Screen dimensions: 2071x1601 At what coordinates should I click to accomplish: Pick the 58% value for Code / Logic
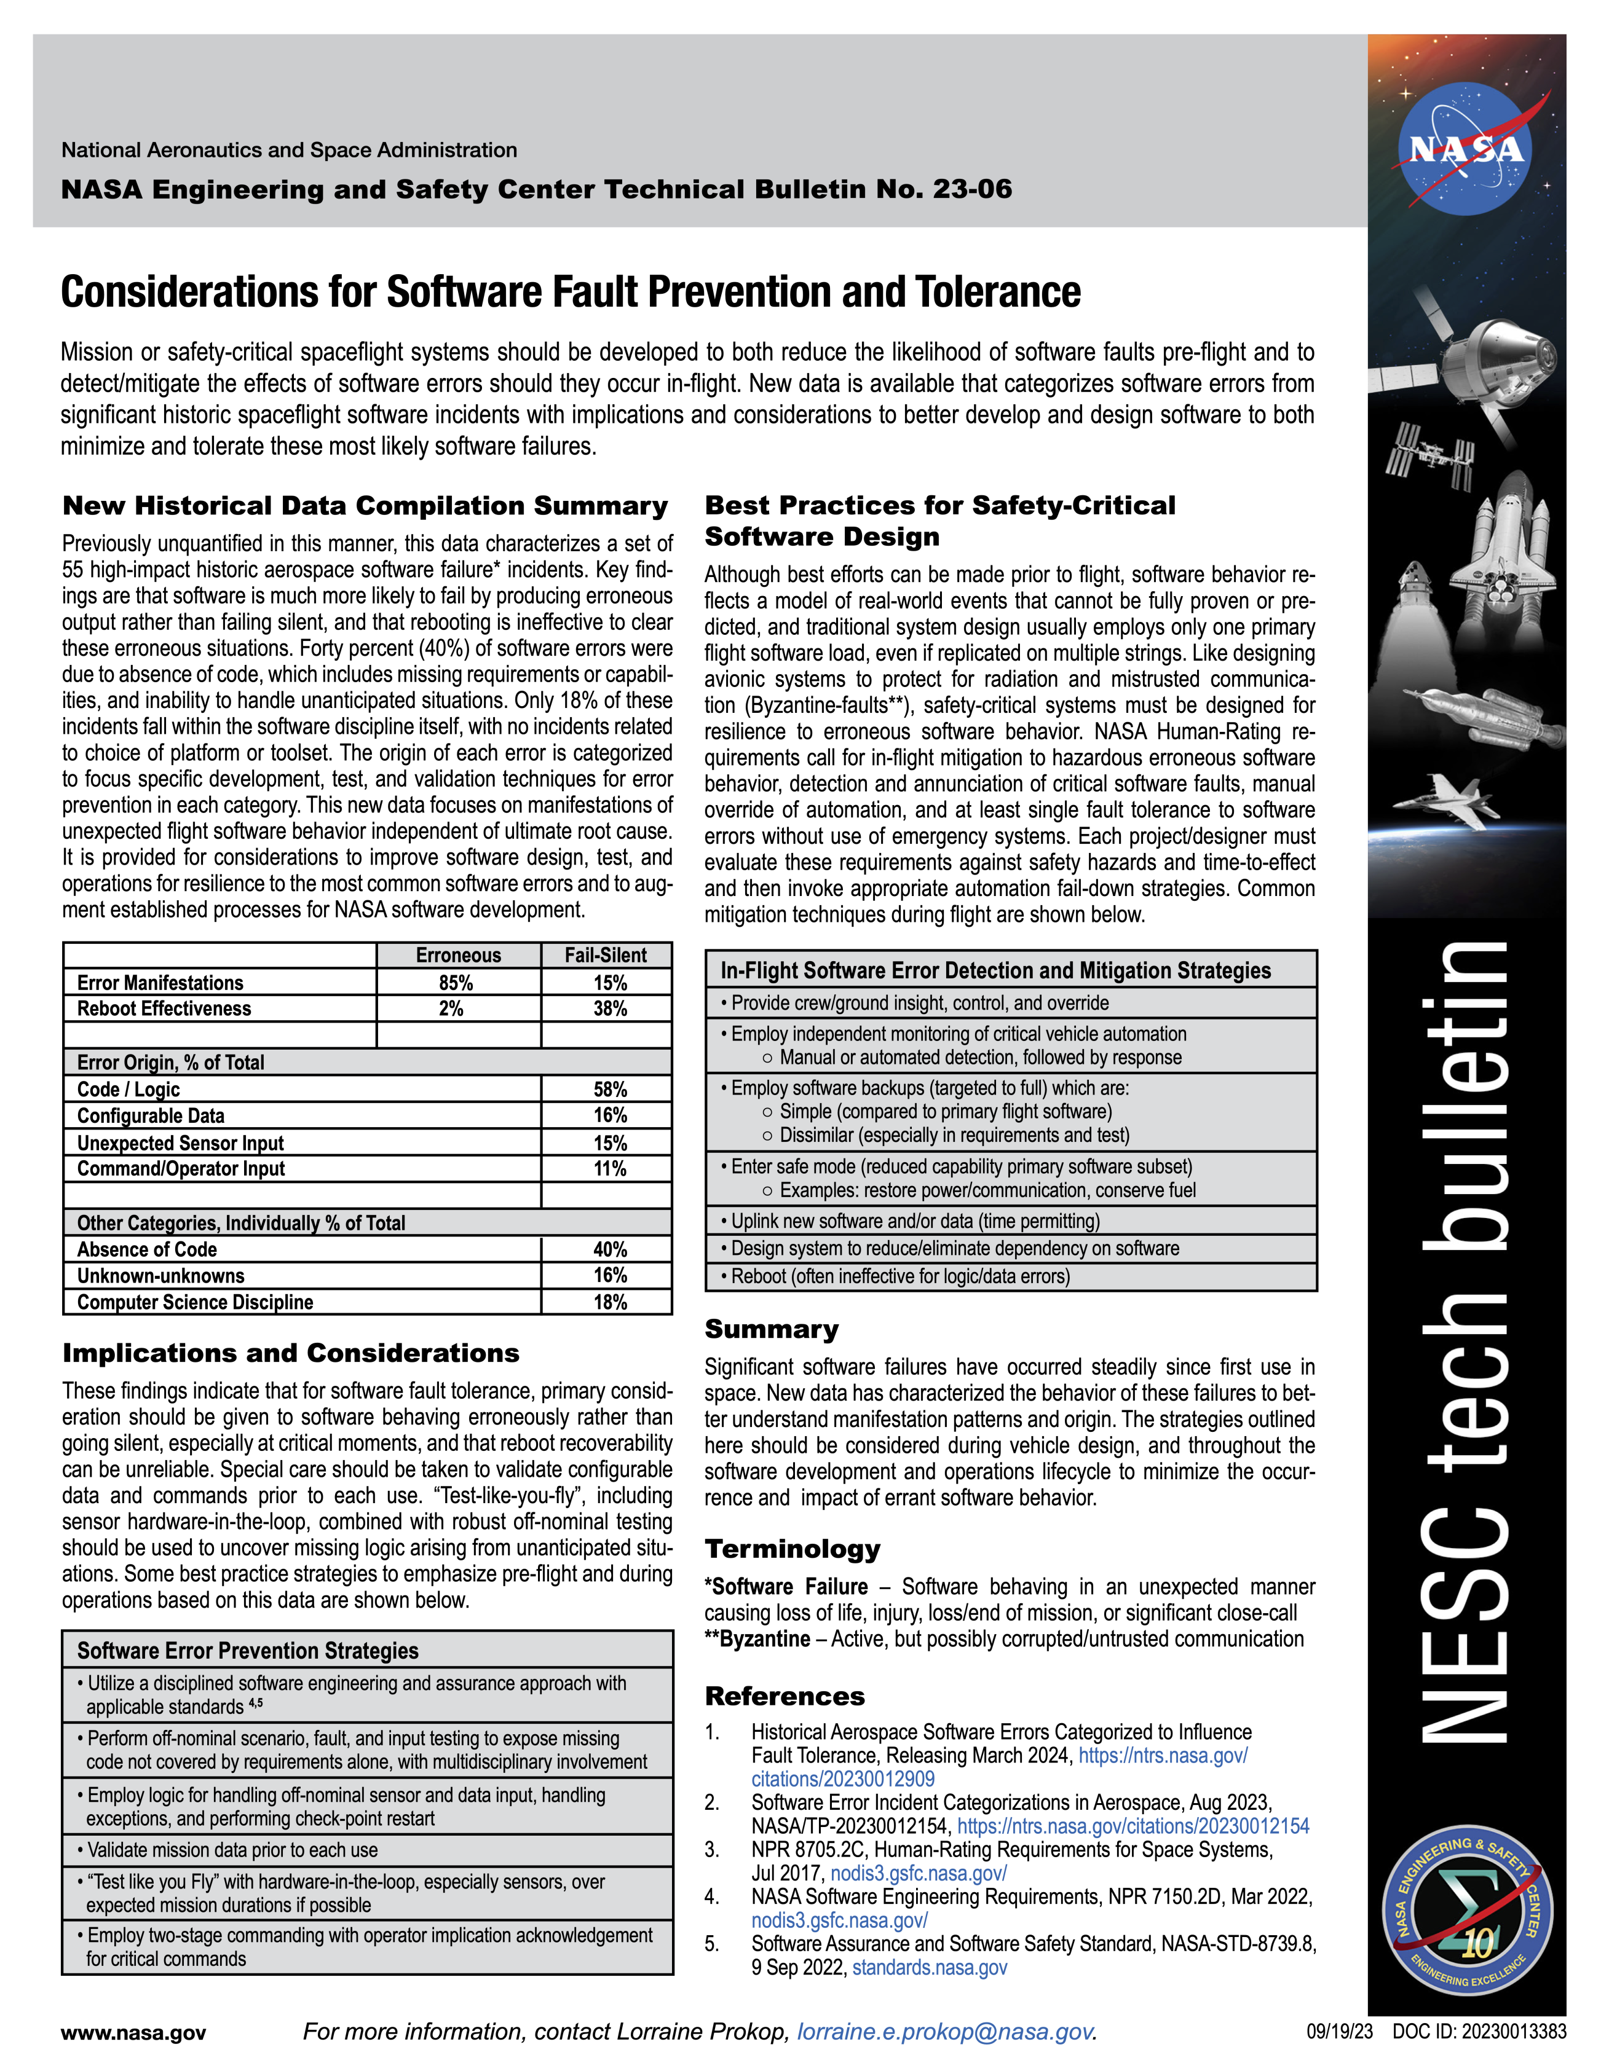pos(610,1088)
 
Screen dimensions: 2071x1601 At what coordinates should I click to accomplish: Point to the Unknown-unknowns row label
pos(161,1275)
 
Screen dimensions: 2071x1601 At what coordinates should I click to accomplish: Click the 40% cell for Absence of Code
pos(610,1249)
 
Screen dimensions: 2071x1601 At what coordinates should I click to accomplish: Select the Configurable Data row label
pos(151,1115)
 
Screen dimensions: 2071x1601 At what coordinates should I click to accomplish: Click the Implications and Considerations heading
pos(291,1353)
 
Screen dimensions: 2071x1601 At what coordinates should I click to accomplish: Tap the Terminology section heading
pos(792,1549)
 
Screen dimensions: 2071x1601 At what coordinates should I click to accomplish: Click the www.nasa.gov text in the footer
pos(134,2032)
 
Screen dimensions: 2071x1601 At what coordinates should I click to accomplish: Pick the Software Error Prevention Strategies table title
pos(248,1651)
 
